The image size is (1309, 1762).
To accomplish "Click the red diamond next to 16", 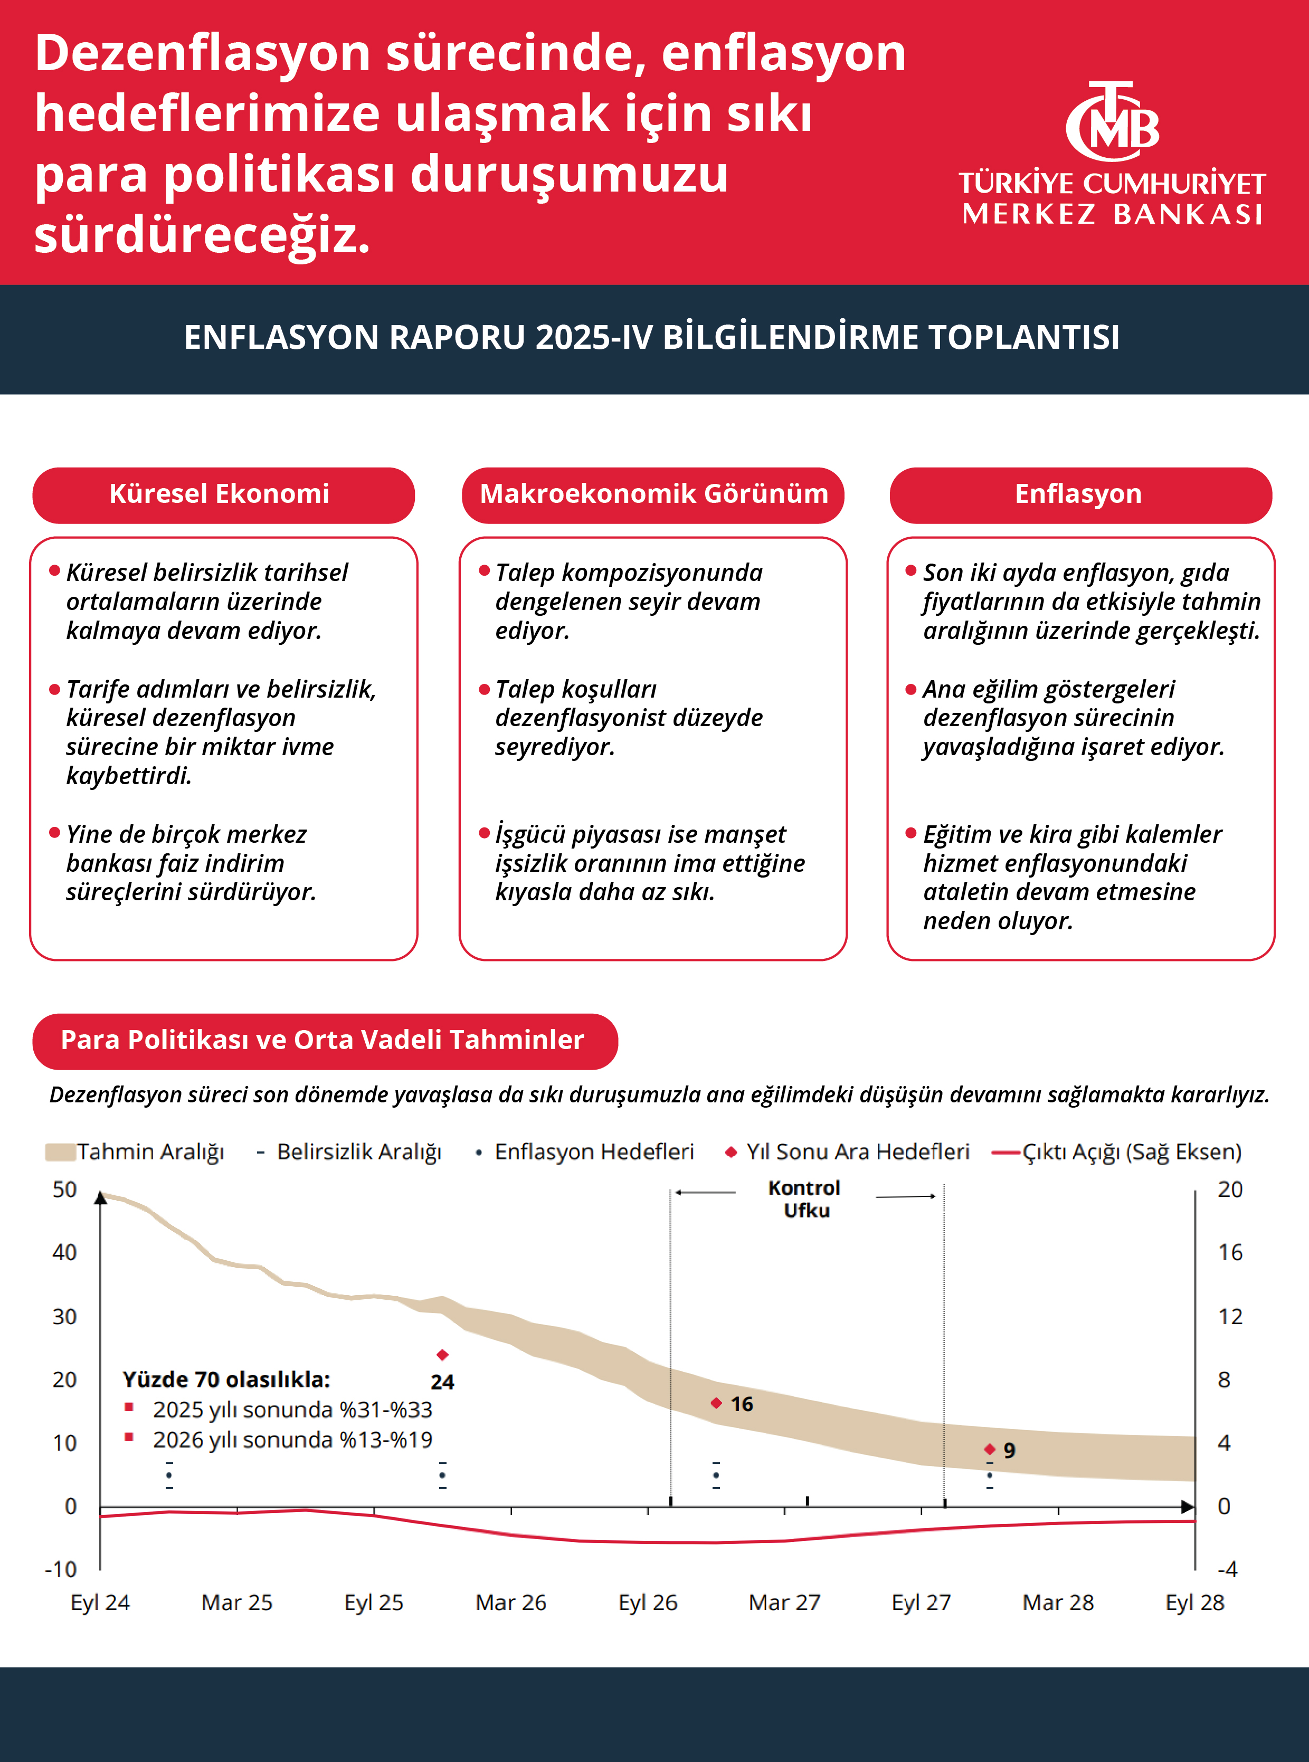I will (716, 1403).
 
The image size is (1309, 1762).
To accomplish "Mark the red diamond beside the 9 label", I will (990, 1449).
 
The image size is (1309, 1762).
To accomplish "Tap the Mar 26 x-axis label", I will (510, 1603).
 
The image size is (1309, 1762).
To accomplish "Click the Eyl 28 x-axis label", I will (1194, 1603).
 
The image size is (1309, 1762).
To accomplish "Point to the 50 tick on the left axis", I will (64, 1190).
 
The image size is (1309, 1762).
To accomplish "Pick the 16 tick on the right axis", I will (1230, 1253).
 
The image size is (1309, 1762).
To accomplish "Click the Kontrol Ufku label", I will (805, 1199).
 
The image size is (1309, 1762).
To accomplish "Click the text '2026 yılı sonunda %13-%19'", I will (292, 1440).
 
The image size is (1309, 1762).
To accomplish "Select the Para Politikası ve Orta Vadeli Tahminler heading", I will (323, 1040).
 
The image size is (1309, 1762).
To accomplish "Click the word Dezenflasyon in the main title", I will (203, 54).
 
